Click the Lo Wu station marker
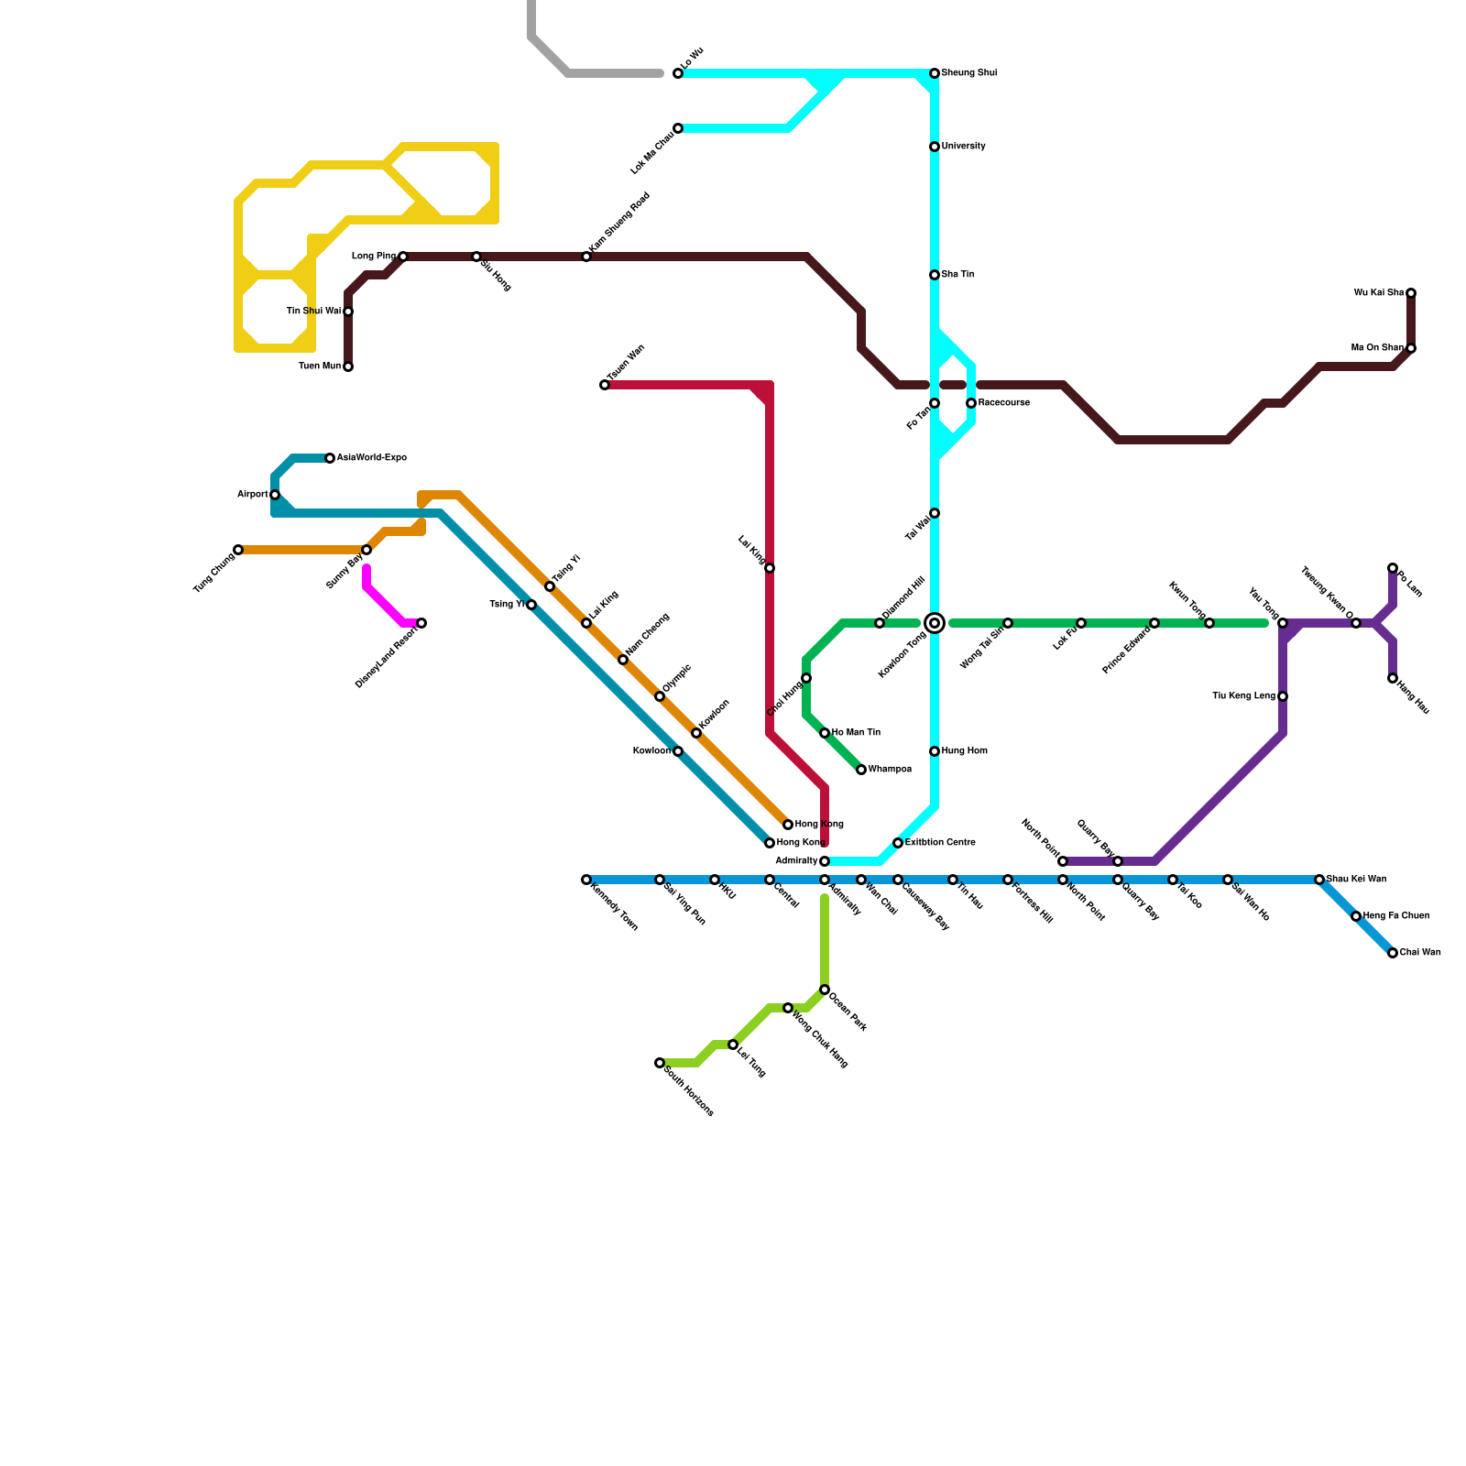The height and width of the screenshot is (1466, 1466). click(678, 73)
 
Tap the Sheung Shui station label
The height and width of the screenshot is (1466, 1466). click(968, 73)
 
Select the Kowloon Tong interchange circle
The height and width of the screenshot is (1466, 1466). click(935, 623)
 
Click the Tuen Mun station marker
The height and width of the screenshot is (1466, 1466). click(348, 366)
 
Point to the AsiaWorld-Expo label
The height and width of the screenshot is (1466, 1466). click(371, 458)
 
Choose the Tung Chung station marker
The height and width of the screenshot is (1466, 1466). click(238, 550)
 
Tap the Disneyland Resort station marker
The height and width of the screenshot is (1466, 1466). click(421, 623)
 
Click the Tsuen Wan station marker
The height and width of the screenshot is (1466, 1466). click(605, 385)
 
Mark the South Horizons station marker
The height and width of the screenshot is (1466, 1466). click(660, 1063)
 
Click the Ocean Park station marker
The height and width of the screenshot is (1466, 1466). click(825, 990)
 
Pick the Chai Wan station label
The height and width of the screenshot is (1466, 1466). click(1420, 953)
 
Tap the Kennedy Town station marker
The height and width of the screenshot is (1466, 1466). click(586, 880)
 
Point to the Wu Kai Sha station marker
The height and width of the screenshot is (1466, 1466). click(1411, 293)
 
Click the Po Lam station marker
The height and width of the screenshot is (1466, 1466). click(1393, 568)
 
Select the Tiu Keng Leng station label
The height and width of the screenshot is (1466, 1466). click(1243, 696)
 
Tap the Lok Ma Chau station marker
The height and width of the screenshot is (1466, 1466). click(678, 128)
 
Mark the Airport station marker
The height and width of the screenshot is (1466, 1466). click(275, 495)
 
